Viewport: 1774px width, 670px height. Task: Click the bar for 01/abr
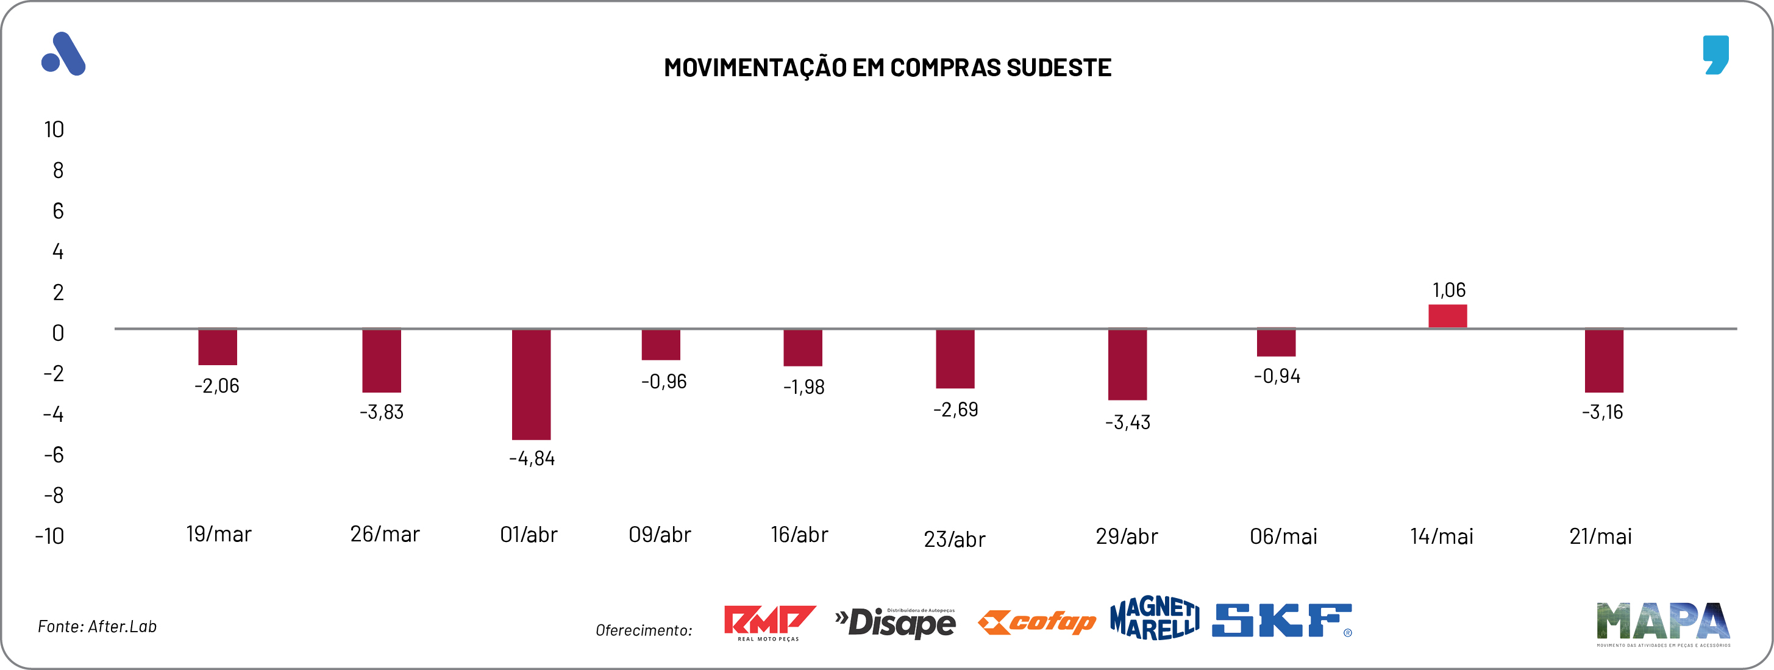(x=531, y=384)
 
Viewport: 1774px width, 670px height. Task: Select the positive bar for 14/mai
(x=1448, y=316)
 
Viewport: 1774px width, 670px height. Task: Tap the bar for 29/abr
(x=1127, y=365)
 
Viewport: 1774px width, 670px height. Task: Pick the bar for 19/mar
(x=218, y=347)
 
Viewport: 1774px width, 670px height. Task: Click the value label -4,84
(x=532, y=458)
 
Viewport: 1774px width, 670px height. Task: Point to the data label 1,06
(x=1448, y=290)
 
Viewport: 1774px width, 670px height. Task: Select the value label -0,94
(x=1277, y=376)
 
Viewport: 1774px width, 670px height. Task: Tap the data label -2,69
(x=955, y=410)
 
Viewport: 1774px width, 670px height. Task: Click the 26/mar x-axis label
(x=384, y=534)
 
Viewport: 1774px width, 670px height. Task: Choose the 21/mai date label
(x=1600, y=536)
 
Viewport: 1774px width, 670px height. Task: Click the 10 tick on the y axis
(x=54, y=129)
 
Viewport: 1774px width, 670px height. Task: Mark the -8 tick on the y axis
(x=54, y=495)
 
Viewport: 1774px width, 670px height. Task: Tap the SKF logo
(x=1281, y=621)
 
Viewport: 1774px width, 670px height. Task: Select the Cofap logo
(x=1036, y=622)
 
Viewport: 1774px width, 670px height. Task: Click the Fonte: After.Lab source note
(x=97, y=627)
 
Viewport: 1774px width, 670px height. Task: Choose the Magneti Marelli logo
(x=1154, y=618)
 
